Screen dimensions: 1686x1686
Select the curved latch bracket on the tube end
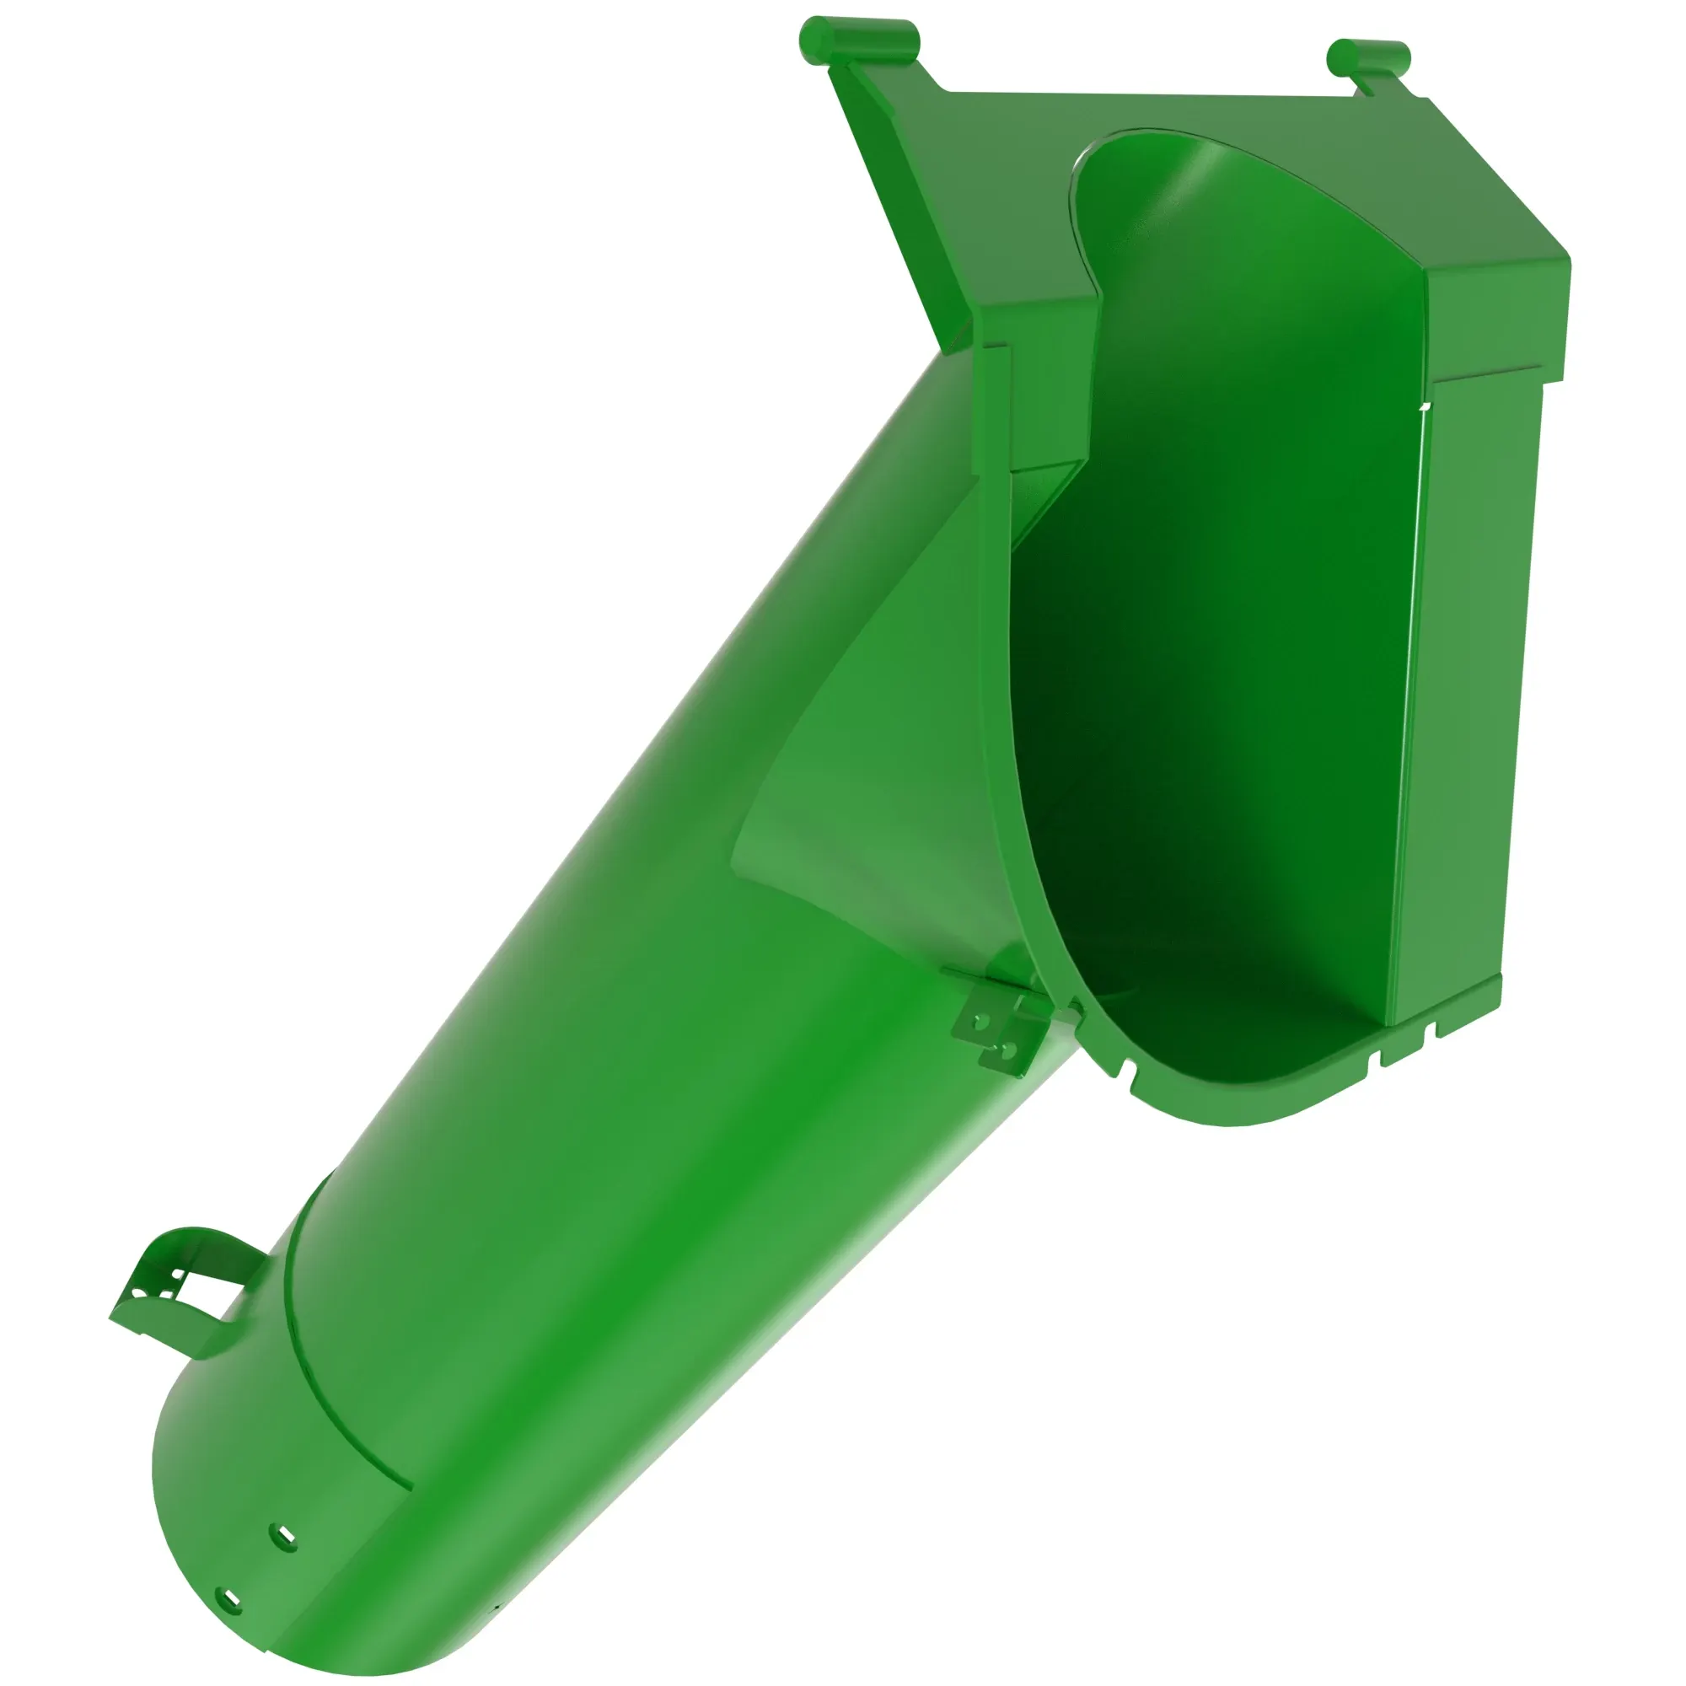point(179,1280)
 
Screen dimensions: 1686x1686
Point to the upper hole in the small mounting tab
point(981,1020)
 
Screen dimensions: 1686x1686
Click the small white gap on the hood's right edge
point(1424,406)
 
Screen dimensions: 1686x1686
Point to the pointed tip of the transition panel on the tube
point(738,851)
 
